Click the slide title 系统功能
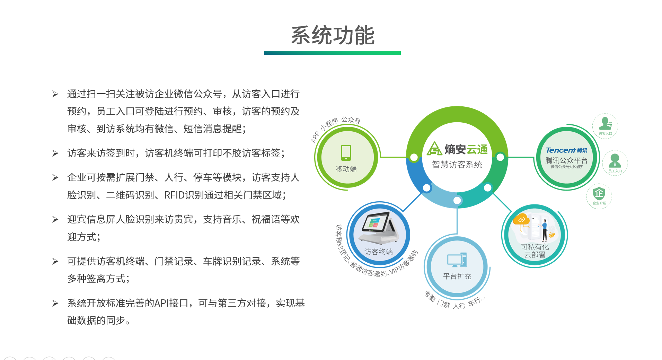(333, 35)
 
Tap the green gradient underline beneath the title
(333, 53)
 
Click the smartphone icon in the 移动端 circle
(346, 153)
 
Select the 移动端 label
(346, 169)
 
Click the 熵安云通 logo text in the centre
(466, 149)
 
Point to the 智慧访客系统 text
(457, 165)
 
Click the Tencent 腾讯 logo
(566, 150)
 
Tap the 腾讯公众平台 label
(566, 160)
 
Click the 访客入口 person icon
(605, 123)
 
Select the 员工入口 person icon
(615, 161)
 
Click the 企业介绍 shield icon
(599, 193)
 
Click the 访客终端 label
(379, 252)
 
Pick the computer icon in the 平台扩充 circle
(457, 260)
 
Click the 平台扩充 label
(457, 276)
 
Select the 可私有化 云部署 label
(535, 251)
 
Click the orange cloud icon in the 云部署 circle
(521, 219)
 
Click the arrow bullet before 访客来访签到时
(55, 153)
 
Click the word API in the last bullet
(161, 303)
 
